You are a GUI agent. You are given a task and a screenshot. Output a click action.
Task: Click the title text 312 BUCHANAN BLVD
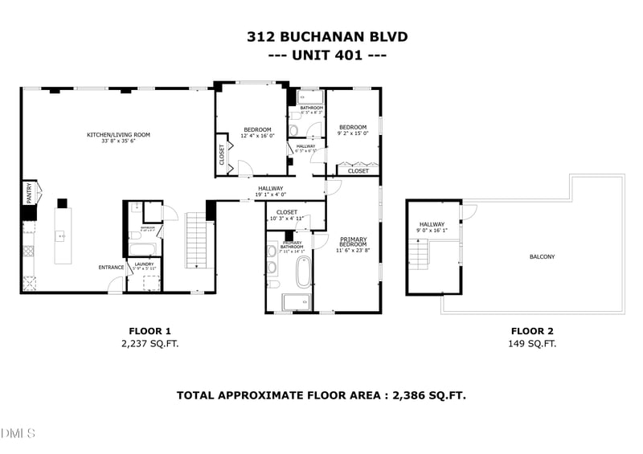[326, 36]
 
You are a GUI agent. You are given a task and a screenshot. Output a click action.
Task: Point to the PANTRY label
[29, 194]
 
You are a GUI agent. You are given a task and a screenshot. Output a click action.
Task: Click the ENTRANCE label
[111, 268]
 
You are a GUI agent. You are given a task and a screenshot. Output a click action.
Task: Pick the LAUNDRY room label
[144, 264]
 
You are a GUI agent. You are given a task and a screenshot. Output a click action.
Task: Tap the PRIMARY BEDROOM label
[354, 244]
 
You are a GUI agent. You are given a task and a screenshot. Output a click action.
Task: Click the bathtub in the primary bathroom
[304, 272]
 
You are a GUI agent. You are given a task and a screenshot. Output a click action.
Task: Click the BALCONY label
[542, 257]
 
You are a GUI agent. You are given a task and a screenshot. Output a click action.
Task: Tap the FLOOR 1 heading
[149, 331]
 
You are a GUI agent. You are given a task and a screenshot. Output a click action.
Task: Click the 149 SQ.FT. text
[532, 344]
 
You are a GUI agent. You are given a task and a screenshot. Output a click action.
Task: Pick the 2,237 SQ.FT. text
[149, 344]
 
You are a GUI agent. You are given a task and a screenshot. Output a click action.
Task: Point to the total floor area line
[321, 395]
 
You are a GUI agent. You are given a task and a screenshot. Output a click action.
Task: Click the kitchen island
[61, 235]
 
